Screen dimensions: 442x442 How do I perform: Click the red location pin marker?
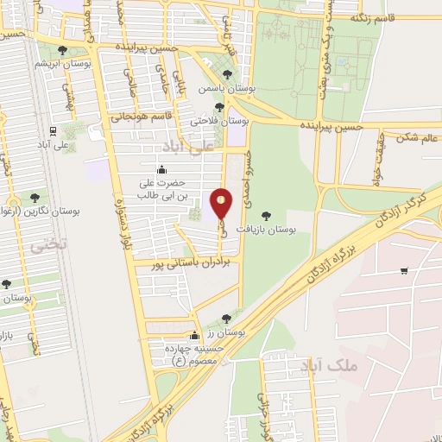click(222, 204)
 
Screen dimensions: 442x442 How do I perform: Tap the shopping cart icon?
click(404, 271)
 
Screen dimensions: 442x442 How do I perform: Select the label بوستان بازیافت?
click(294, 231)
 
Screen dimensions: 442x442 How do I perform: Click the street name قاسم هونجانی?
click(149, 115)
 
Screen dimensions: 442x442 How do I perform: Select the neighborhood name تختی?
click(47, 246)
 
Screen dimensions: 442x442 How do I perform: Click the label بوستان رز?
click(228, 331)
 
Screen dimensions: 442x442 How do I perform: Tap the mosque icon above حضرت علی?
click(164, 169)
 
